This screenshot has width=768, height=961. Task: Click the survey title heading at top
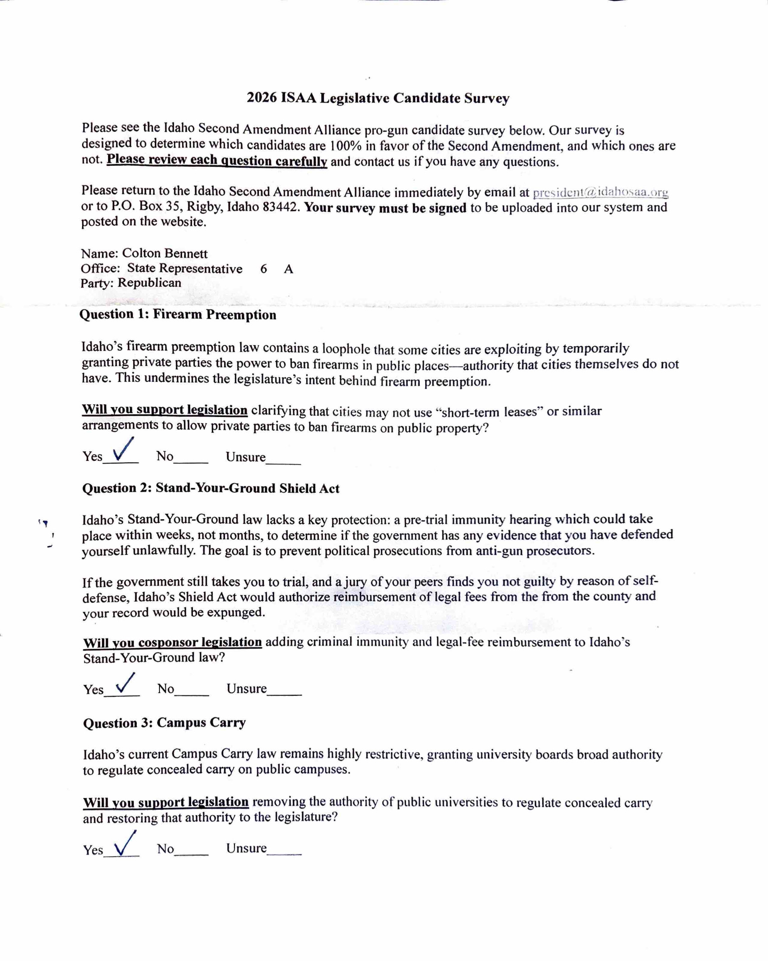(378, 98)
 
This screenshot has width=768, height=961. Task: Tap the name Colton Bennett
(164, 253)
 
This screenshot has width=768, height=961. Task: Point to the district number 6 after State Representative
(263, 269)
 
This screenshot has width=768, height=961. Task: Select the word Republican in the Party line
(150, 283)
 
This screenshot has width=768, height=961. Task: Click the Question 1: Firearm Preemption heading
(178, 314)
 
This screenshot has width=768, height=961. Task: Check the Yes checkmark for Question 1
(123, 450)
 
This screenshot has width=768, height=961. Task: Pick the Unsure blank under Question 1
(283, 460)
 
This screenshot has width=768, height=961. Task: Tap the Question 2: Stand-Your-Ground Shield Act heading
(211, 488)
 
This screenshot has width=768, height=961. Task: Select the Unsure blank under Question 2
(284, 692)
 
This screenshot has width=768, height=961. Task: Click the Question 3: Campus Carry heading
(164, 722)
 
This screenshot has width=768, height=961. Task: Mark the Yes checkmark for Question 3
(125, 844)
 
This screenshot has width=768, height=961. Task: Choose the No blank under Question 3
(191, 851)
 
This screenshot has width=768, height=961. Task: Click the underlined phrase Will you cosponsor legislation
(172, 642)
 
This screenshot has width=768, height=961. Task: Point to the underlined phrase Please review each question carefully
(217, 160)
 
